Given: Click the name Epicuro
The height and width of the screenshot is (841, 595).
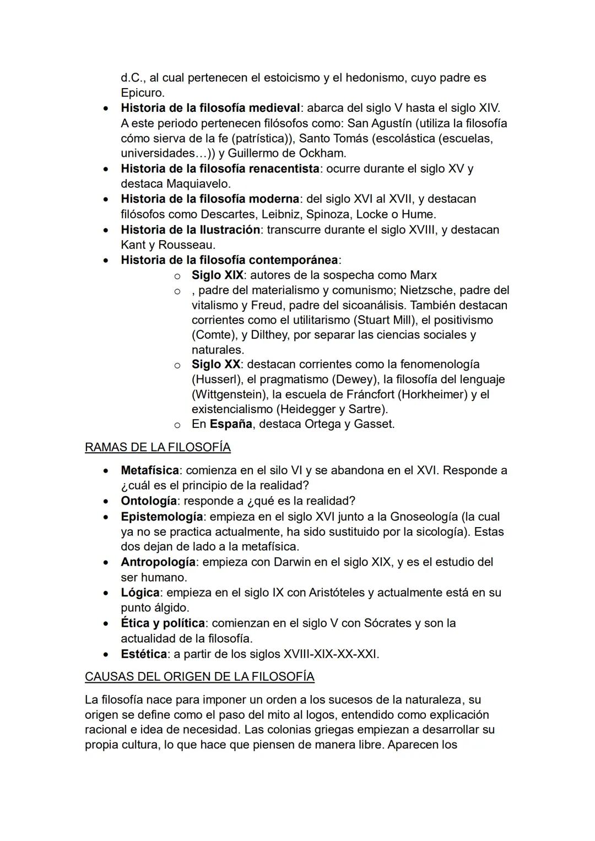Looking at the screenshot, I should (142, 93).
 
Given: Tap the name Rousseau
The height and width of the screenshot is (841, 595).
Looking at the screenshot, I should (187, 245).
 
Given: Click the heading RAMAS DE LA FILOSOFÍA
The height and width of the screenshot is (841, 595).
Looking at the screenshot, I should (158, 447).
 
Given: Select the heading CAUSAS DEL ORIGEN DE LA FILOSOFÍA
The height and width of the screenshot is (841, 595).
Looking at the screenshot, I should (199, 676).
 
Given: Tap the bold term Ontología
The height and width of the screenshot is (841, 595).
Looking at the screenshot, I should (149, 501).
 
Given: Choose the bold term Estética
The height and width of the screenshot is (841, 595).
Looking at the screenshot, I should (143, 654).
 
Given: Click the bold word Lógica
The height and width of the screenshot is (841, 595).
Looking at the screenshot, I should (140, 593).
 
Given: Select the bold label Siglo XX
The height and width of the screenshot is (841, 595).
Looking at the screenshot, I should (215, 364).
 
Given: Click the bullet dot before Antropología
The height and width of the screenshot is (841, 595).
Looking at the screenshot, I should (106, 563).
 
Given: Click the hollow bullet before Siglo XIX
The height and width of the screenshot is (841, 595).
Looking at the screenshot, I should (177, 275).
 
